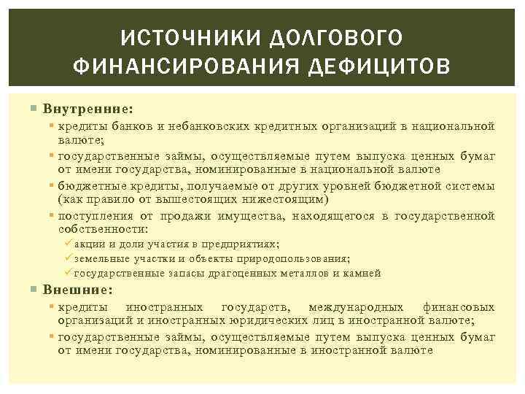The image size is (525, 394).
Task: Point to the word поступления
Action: point(96,215)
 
